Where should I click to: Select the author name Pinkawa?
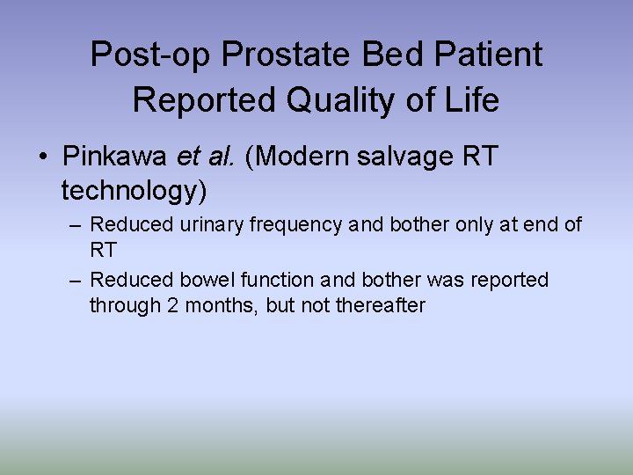(x=115, y=157)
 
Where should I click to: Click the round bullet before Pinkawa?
(x=42, y=158)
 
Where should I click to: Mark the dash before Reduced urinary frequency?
(x=76, y=225)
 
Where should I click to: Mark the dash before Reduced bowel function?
(x=76, y=281)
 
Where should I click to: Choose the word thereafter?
(x=382, y=306)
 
